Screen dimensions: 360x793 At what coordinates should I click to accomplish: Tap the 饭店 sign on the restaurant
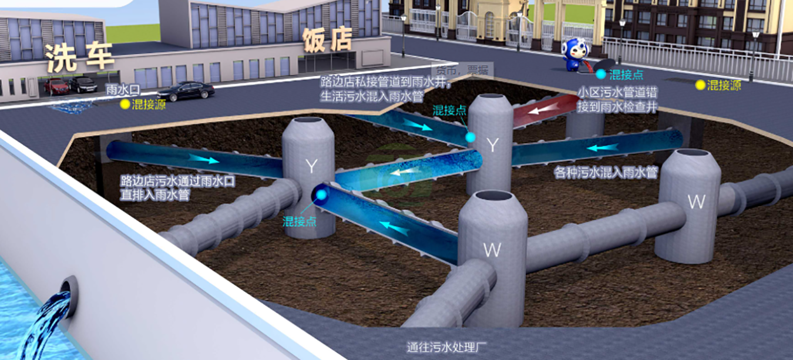point(327,40)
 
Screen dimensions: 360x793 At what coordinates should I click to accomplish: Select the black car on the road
point(186,90)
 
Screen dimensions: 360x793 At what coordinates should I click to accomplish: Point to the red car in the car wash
point(57,87)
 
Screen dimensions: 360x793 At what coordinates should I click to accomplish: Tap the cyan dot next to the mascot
point(600,74)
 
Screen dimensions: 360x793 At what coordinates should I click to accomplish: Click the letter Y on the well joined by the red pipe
point(492,145)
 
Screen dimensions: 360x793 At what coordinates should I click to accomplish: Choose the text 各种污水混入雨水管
point(606,173)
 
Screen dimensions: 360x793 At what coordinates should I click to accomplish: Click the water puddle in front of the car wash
point(70,107)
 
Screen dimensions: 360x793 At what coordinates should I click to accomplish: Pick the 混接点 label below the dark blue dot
point(299,221)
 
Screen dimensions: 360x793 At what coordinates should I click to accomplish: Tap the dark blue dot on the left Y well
point(321,194)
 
